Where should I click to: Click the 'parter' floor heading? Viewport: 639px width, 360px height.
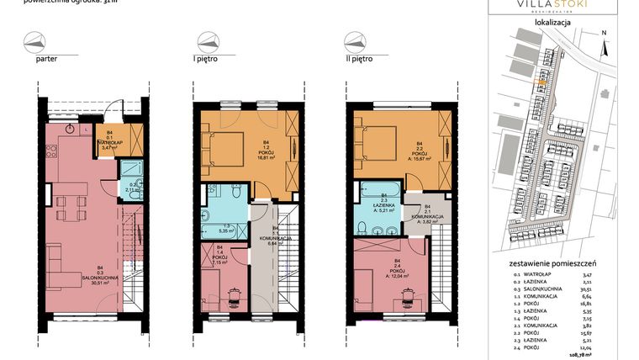point(46,60)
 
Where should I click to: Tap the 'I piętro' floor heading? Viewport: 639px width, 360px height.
point(208,60)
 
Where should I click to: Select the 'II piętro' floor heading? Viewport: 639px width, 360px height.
point(360,60)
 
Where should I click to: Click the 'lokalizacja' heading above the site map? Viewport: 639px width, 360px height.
point(553,23)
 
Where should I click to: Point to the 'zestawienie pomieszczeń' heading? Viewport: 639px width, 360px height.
point(553,264)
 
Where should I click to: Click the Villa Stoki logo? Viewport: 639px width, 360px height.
point(553,7)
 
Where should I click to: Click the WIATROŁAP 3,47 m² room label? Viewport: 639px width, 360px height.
point(110,142)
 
